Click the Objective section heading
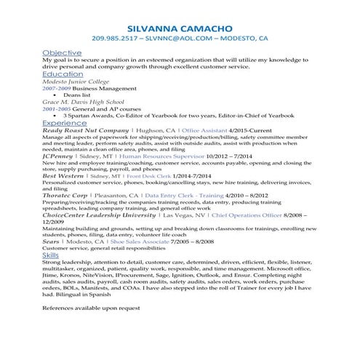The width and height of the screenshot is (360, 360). pos(61,54)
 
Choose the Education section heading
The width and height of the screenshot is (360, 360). pos(63,74)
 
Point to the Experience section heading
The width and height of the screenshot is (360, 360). pos(65,124)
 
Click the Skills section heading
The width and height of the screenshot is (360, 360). pos(51,256)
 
